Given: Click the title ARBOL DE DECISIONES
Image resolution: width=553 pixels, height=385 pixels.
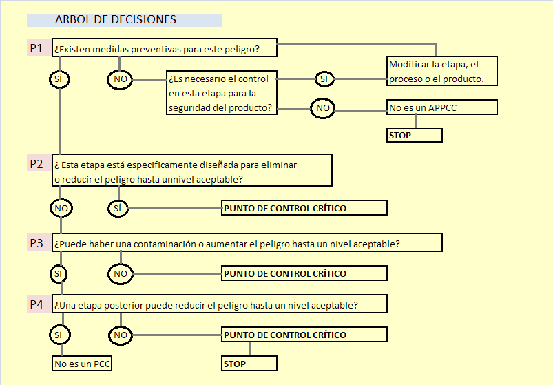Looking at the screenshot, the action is [116, 19].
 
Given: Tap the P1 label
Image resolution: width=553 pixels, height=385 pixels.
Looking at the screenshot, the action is [36, 48].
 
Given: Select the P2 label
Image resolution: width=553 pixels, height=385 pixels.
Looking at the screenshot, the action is [36, 164].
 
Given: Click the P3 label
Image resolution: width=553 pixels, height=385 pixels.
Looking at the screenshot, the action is [36, 243].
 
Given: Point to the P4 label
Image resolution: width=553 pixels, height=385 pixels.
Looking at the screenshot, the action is [36, 304].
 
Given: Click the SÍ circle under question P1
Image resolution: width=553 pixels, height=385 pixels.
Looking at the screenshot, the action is [59, 79].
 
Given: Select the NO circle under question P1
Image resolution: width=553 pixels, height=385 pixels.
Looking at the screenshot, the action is [120, 79].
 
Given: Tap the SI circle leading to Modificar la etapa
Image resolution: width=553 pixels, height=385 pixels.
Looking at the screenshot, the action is [324, 79].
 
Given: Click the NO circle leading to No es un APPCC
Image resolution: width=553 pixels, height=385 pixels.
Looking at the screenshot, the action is [322, 108].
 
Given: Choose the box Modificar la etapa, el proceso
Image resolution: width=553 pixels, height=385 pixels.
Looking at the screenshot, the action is [442, 71].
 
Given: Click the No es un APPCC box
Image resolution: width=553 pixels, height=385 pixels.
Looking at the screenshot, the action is [442, 107].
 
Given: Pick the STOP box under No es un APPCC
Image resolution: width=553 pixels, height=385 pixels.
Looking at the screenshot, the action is [415, 136].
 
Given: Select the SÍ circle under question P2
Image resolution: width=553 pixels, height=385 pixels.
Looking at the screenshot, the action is [118, 209].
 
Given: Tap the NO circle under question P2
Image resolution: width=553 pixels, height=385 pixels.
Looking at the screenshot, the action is [61, 209].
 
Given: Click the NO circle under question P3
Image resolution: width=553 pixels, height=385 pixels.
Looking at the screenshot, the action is [121, 274].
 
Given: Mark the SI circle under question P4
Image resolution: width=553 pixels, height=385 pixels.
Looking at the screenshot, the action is [60, 335].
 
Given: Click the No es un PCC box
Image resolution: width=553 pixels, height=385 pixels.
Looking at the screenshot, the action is [82, 364].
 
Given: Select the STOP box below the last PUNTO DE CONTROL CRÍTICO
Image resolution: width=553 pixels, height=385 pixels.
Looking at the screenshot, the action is [249, 364].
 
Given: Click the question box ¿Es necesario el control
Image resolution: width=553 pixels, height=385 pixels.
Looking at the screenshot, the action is [222, 93].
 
